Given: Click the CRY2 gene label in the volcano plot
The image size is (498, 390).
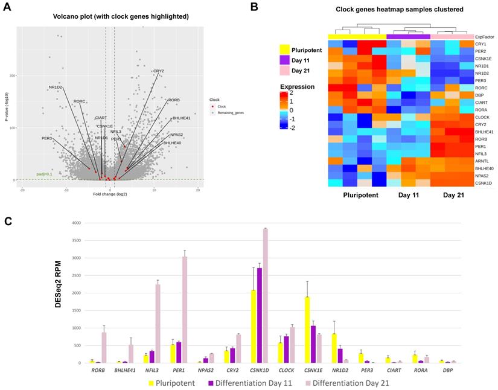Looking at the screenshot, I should (159, 71).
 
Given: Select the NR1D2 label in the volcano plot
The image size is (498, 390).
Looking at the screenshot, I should (56, 88).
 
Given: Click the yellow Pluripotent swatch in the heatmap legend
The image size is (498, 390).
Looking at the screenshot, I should (283, 50).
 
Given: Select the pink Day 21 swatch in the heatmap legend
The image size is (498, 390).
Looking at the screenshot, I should (283, 71).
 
